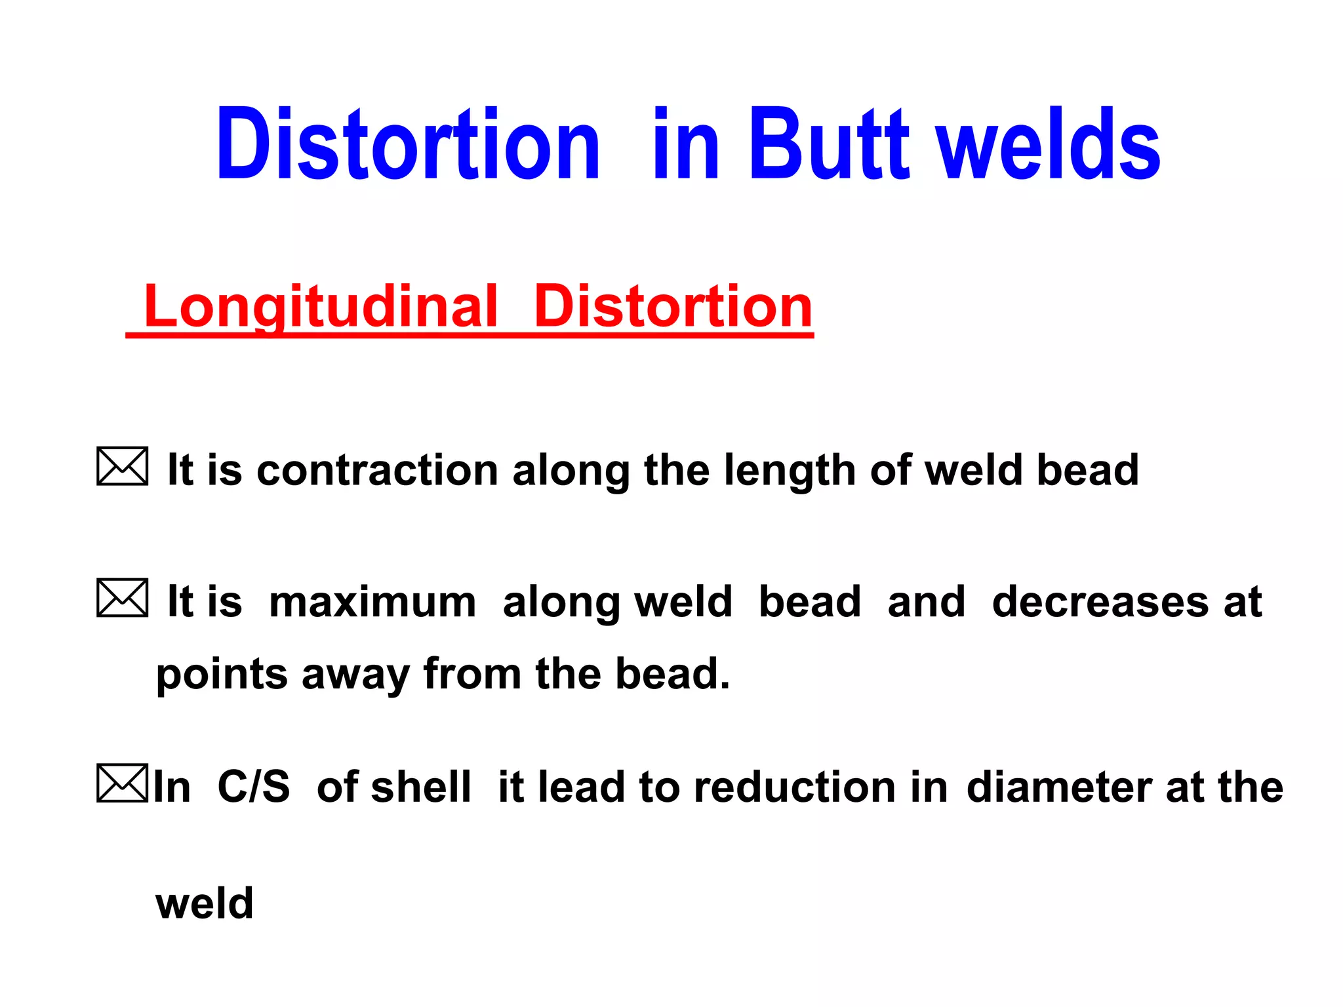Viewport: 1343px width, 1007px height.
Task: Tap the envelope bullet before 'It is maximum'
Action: click(123, 598)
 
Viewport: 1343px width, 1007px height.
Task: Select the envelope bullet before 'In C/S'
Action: click(123, 783)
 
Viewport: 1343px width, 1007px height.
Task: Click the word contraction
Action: click(377, 471)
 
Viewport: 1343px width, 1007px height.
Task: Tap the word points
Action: click(222, 675)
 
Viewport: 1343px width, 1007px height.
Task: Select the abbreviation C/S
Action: click(254, 787)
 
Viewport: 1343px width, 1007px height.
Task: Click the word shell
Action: click(420, 787)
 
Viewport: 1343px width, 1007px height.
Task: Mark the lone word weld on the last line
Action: click(205, 903)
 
